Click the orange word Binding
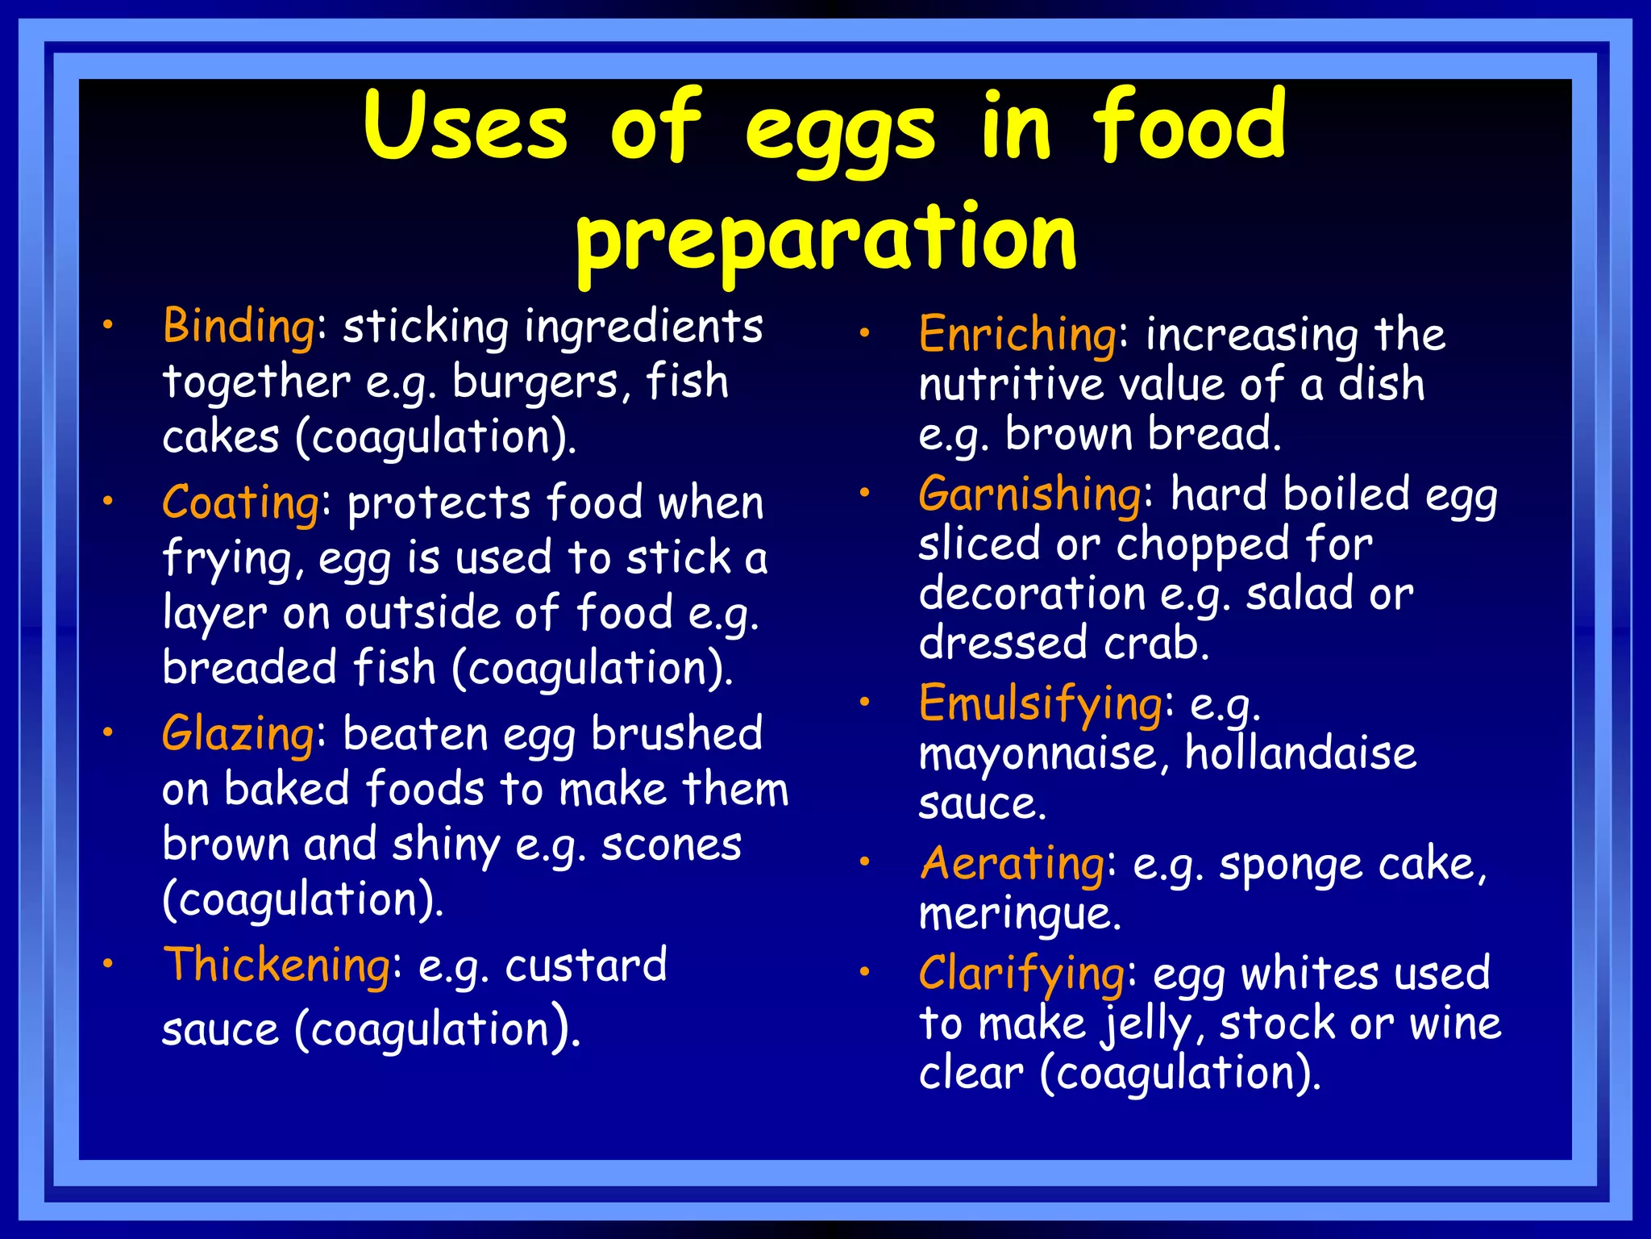click(x=239, y=327)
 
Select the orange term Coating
click(x=241, y=503)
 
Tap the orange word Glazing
click(x=238, y=735)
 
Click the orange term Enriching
click(x=1018, y=335)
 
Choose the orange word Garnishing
click(x=1029, y=494)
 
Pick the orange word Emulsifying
click(x=1040, y=703)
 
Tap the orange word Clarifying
click(x=1021, y=974)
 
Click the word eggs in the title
click(x=839, y=129)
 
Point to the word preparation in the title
click(x=825, y=238)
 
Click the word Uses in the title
click(x=465, y=126)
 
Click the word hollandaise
click(x=1300, y=753)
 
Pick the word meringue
click(x=1020, y=915)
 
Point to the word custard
click(x=585, y=966)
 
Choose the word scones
click(x=671, y=845)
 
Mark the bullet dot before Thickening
click(x=107, y=963)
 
